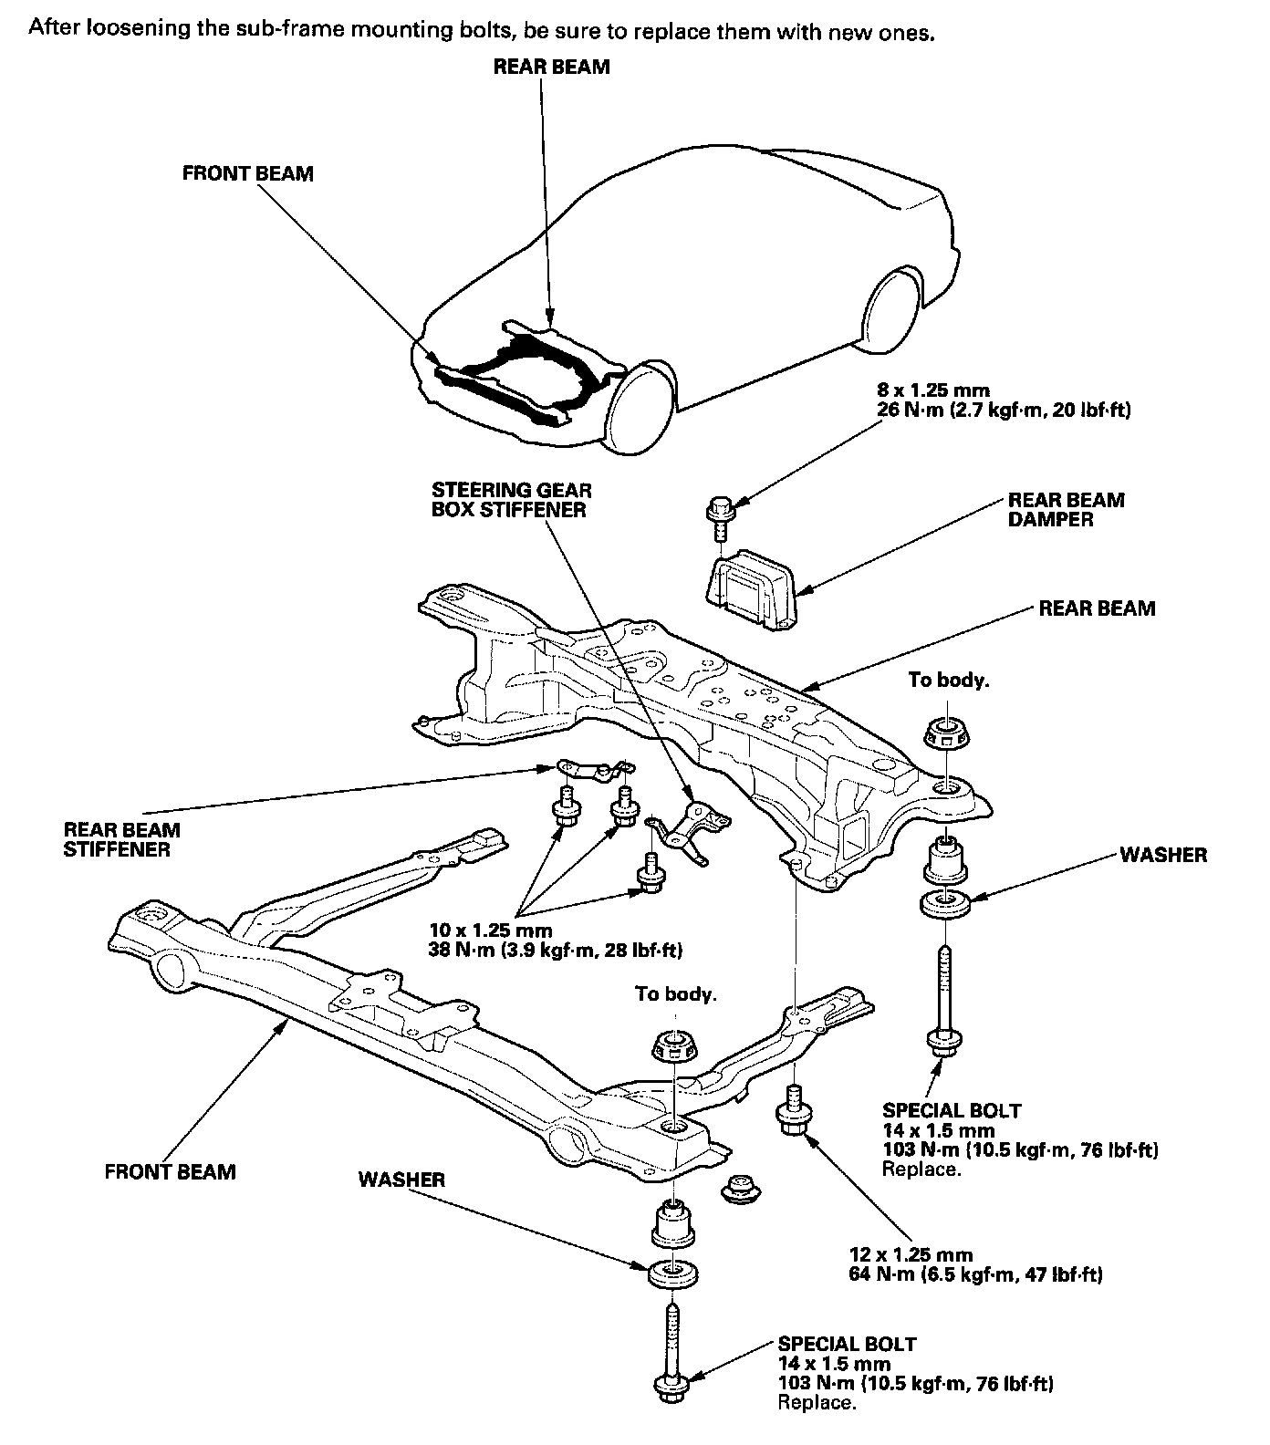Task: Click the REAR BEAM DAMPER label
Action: point(1066,510)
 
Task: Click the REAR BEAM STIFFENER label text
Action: point(121,839)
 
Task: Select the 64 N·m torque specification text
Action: point(974,1274)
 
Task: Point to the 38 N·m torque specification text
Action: point(555,950)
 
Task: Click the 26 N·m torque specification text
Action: point(1001,411)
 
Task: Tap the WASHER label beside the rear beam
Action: point(1162,855)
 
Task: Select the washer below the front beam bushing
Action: point(673,1273)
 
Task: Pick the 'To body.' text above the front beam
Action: point(675,993)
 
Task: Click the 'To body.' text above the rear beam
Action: point(948,680)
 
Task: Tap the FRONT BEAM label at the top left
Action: point(247,173)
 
